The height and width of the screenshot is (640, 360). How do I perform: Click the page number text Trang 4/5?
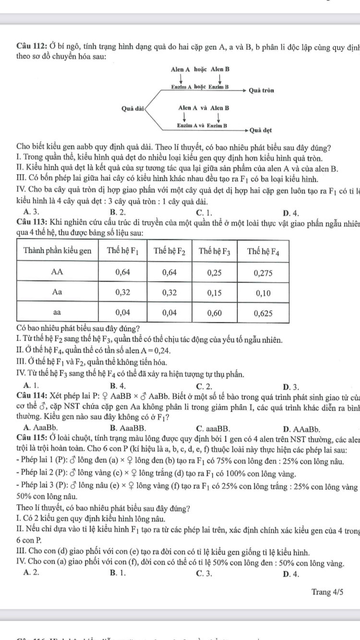pos(327,592)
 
